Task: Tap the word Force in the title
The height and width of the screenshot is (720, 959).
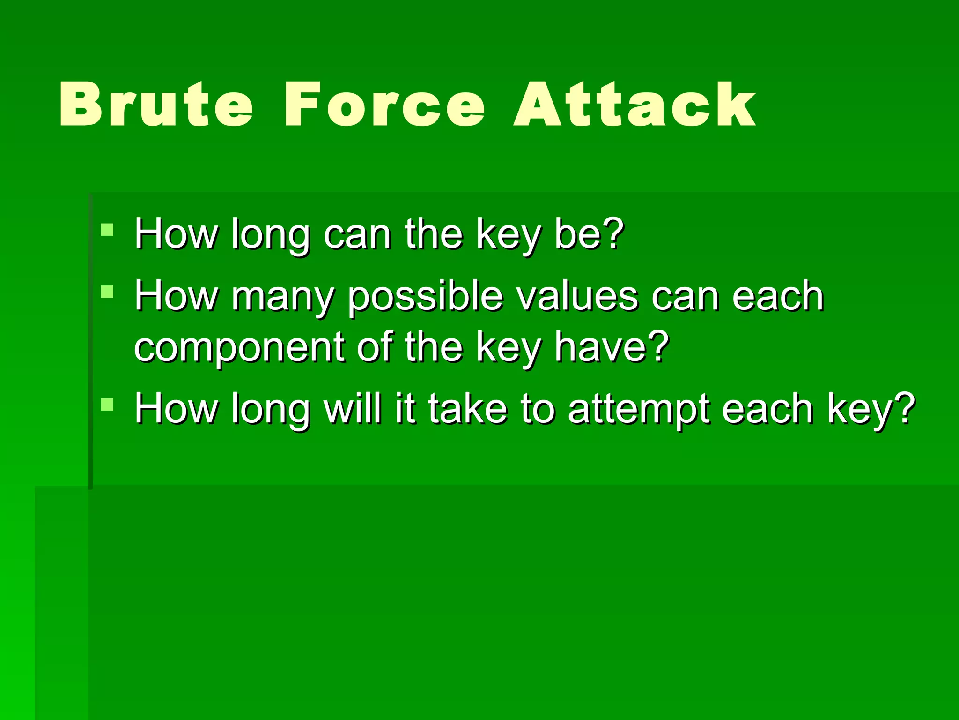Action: [384, 104]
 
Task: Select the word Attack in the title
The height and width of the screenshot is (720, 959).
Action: [634, 104]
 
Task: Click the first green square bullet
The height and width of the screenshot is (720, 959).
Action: [107, 230]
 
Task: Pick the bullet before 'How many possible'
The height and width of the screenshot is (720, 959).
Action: [107, 292]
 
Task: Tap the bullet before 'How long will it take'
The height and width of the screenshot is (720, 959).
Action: [107, 404]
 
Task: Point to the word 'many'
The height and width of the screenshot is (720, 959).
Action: [283, 298]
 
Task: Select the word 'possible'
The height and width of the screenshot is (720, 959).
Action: [425, 298]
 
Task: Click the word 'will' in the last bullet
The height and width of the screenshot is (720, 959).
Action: [352, 409]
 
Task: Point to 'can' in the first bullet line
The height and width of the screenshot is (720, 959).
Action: [357, 234]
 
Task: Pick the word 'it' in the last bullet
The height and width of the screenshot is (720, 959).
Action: [404, 409]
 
